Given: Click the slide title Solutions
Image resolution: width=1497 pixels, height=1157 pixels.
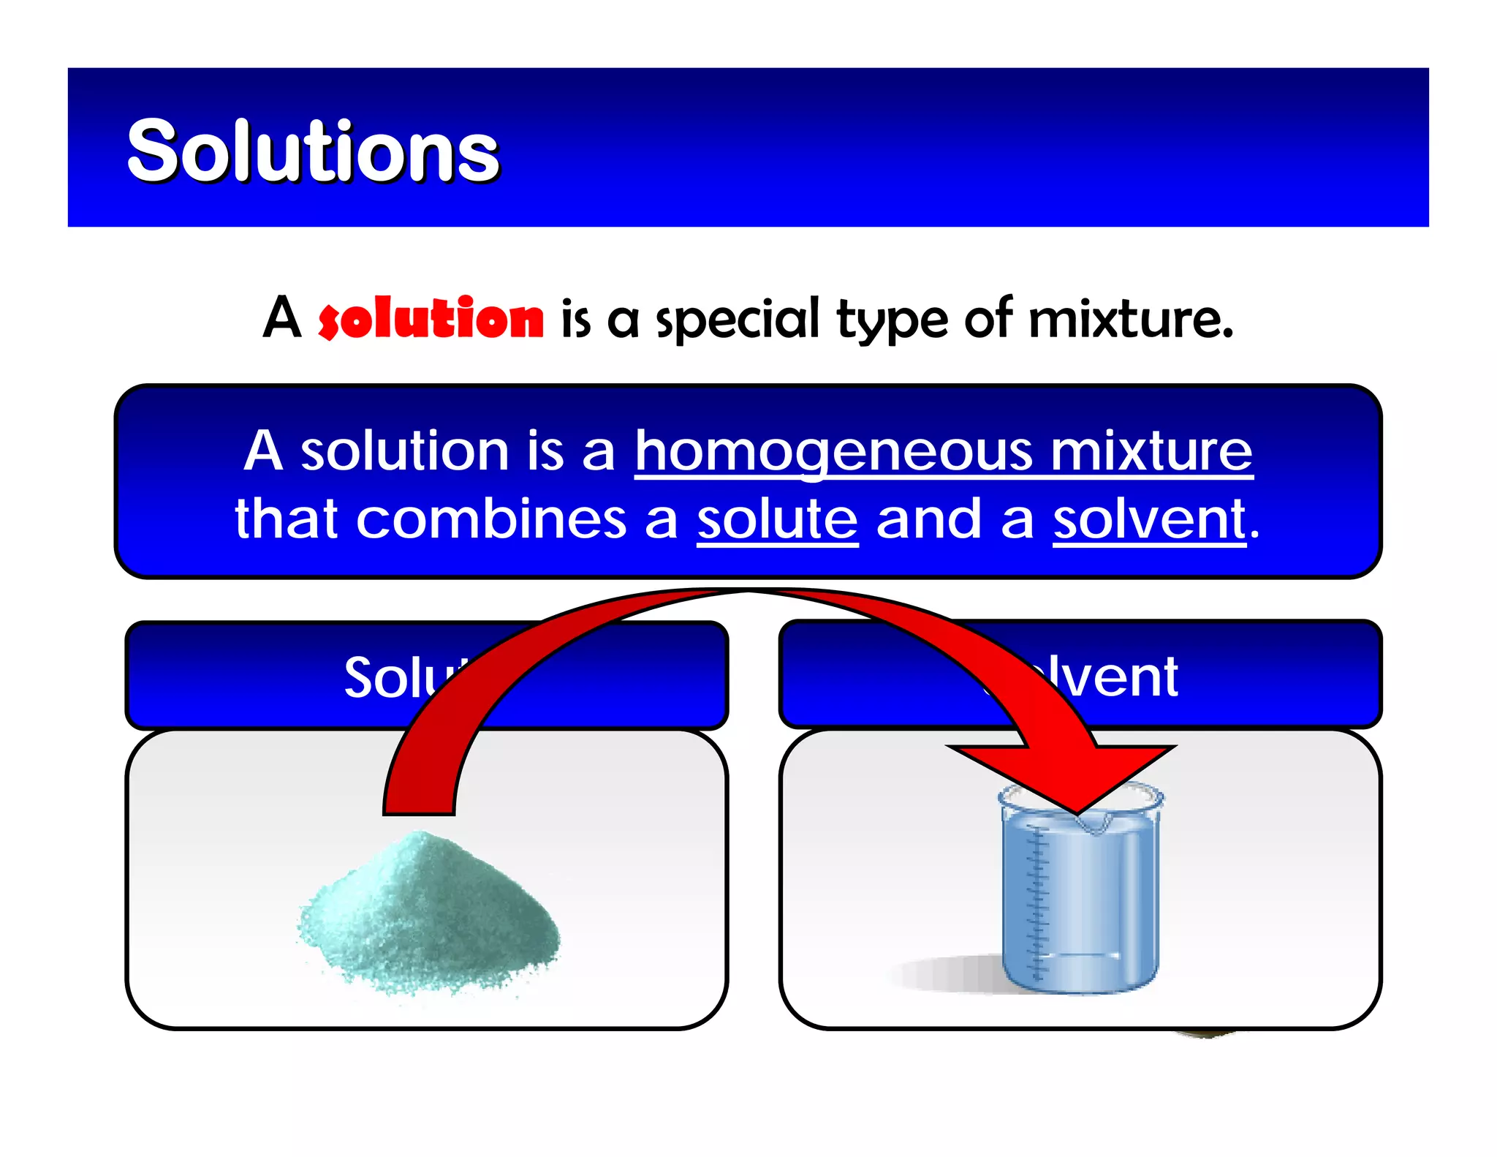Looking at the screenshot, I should [x=313, y=151].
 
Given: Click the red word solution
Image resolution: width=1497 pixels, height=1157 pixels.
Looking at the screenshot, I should [x=431, y=319].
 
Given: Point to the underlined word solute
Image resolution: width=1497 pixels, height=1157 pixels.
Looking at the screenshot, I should [x=777, y=519].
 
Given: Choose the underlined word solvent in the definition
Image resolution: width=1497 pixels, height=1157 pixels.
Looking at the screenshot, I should [x=1150, y=519].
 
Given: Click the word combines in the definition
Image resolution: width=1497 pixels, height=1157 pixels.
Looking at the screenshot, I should [x=492, y=519].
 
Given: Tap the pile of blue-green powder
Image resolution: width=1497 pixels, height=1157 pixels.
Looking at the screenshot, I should [x=428, y=914].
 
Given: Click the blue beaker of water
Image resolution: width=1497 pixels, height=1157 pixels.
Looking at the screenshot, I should [x=1080, y=900].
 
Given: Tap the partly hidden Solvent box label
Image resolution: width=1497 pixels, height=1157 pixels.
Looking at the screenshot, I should [x=1111, y=677].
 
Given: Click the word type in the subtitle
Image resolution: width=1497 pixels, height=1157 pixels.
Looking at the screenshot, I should [x=892, y=320].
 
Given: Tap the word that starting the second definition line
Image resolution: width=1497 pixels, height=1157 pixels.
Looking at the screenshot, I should [x=287, y=519].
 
